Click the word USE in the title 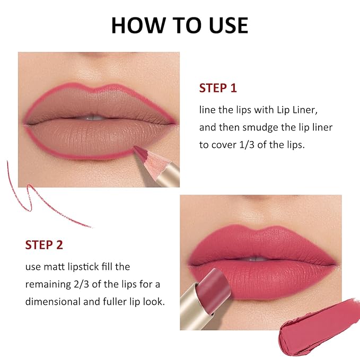(x=229, y=25)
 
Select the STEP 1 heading (x=218, y=88)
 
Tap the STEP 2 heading (x=44, y=245)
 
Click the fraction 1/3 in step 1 (x=247, y=145)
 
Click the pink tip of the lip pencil (x=141, y=152)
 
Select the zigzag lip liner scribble (x=29, y=198)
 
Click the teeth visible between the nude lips (x=94, y=118)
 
